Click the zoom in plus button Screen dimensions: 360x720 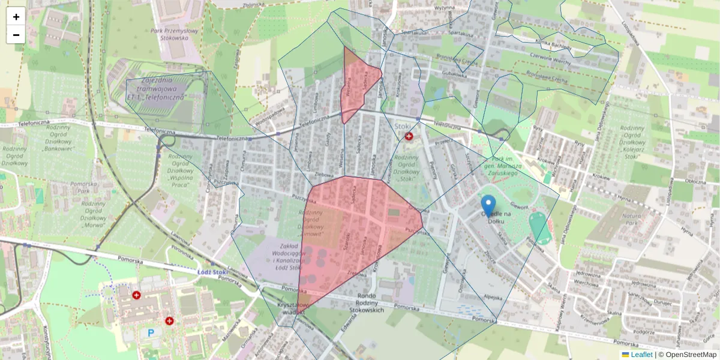coord(16,17)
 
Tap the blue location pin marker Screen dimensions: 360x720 coord(489,206)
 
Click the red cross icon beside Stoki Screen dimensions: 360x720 coord(409,137)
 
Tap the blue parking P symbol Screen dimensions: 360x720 coord(151,332)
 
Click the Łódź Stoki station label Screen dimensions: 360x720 coord(212,272)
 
